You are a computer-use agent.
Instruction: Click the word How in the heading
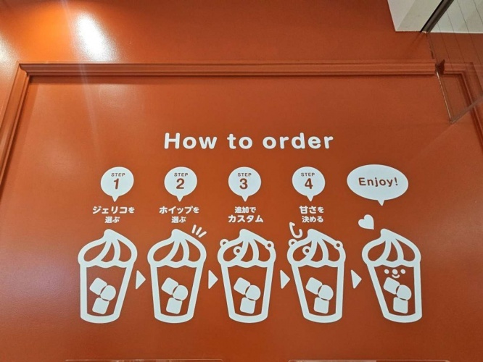(190, 141)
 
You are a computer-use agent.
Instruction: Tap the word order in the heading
(298, 141)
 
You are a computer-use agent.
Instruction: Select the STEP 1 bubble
(117, 185)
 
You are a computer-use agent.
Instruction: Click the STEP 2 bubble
(180, 185)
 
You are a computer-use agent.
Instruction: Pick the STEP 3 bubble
(244, 185)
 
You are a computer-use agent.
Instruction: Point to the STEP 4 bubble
(308, 185)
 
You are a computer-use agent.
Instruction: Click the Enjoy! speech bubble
(378, 184)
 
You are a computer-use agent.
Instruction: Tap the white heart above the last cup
(366, 222)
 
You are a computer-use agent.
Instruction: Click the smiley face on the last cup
(392, 273)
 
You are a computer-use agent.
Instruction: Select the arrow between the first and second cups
(140, 279)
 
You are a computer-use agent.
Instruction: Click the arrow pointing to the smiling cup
(356, 279)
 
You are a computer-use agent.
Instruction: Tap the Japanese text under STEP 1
(114, 215)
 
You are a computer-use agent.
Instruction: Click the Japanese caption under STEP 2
(179, 215)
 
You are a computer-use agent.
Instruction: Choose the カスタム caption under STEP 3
(246, 219)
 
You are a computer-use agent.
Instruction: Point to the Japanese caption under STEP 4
(311, 215)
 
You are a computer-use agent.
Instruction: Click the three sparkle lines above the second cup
(199, 231)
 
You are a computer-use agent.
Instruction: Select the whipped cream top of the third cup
(246, 246)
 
